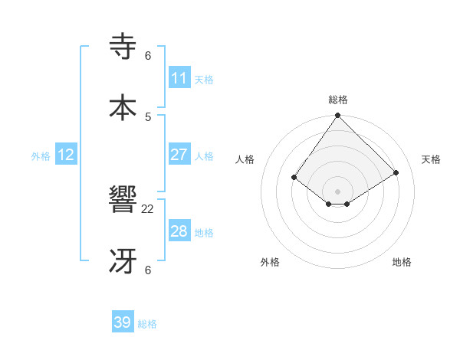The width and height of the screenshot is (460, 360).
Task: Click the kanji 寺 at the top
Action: (x=124, y=47)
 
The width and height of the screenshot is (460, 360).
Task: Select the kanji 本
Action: (x=124, y=107)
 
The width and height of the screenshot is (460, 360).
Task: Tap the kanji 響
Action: (x=124, y=201)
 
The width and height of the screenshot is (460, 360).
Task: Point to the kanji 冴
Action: (x=124, y=261)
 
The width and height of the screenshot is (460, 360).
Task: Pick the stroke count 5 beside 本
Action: (x=148, y=116)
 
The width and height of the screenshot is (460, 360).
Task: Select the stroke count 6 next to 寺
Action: (x=148, y=56)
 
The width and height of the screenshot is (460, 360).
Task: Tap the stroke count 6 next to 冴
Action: (x=148, y=270)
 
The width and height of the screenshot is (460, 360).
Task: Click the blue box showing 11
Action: (x=179, y=78)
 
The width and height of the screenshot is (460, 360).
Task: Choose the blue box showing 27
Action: (x=179, y=155)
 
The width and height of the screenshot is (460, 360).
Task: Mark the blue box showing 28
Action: (x=179, y=231)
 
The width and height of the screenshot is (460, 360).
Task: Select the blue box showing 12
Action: (x=66, y=155)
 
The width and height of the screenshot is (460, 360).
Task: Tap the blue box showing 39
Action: (x=123, y=322)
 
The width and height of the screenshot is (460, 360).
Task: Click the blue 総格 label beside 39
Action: (x=147, y=324)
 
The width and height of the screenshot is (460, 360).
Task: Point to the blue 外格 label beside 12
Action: (x=41, y=156)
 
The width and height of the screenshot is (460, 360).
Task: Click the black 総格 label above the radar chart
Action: (x=338, y=100)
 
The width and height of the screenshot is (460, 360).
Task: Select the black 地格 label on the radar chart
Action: (x=402, y=263)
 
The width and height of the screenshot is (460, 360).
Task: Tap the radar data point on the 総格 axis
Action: (x=338, y=116)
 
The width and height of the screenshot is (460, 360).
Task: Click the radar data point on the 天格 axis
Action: (x=396, y=172)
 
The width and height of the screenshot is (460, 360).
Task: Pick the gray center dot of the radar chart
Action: (x=338, y=191)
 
